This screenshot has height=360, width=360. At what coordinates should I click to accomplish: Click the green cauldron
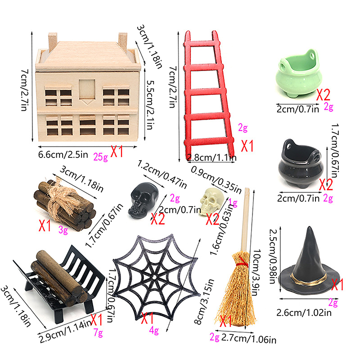[x=298, y=74]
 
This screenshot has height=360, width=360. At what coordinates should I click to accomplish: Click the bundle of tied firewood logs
[x=64, y=205]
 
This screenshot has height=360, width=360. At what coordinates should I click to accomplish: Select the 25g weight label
[x=100, y=157]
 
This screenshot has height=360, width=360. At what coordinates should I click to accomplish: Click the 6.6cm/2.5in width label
[x=63, y=154]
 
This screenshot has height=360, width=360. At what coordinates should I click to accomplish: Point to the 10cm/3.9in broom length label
[x=257, y=272]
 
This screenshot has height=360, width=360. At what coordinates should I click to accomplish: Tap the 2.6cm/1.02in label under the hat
[x=304, y=312]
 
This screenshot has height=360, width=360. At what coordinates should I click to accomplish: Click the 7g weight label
[x=98, y=332]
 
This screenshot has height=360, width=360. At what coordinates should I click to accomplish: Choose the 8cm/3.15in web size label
[x=204, y=301]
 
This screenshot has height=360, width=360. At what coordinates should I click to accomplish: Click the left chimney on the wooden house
[x=53, y=42]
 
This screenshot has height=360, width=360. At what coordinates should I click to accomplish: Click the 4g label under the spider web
[x=154, y=331]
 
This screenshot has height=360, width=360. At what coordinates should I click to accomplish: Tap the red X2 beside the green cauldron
[x=323, y=94]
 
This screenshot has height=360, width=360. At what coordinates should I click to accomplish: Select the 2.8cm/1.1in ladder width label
[x=211, y=157]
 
